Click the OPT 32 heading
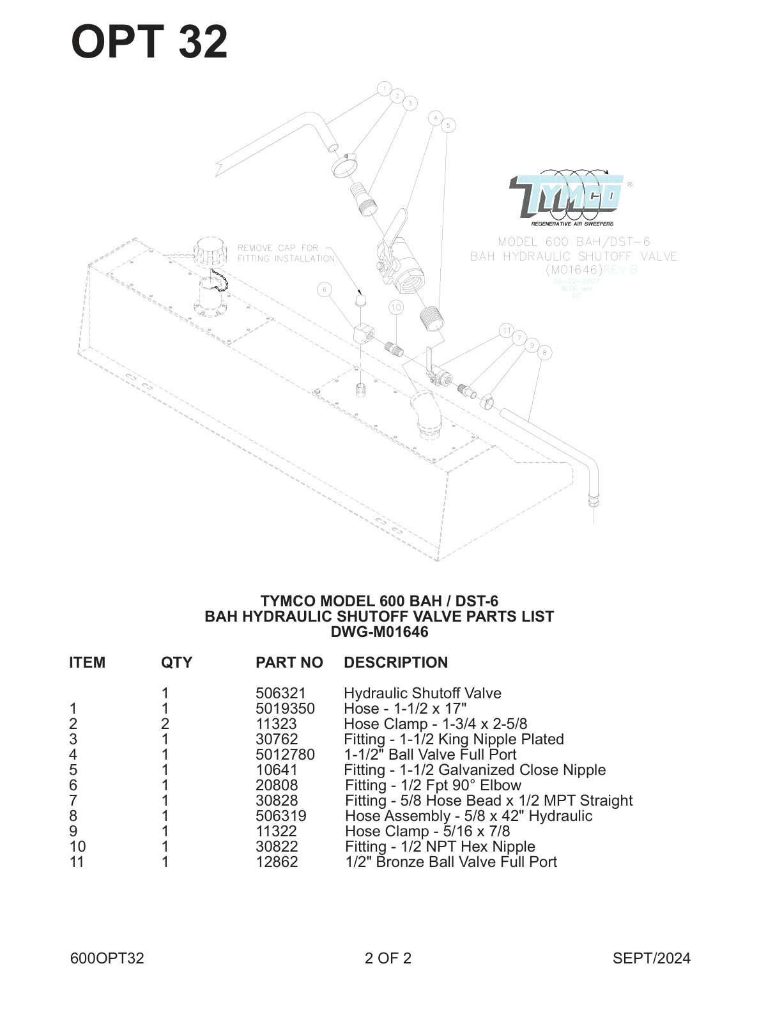click(x=149, y=42)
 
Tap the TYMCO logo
click(x=567, y=196)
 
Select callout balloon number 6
click(x=325, y=290)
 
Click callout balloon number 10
click(x=396, y=307)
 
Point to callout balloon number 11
click(x=506, y=330)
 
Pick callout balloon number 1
click(x=384, y=88)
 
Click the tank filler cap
click(x=211, y=254)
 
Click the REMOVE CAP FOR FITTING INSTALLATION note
click(x=286, y=253)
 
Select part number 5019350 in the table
click(x=285, y=709)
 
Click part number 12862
click(x=277, y=862)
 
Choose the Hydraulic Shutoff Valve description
click(x=422, y=693)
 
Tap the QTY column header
click(x=176, y=663)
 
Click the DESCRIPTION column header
click(x=395, y=663)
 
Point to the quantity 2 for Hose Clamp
click(x=165, y=724)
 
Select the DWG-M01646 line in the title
click(x=379, y=632)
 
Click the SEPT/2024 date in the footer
click(x=651, y=958)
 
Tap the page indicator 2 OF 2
click(x=388, y=958)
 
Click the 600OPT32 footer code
click(x=107, y=958)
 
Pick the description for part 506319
click(x=468, y=816)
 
